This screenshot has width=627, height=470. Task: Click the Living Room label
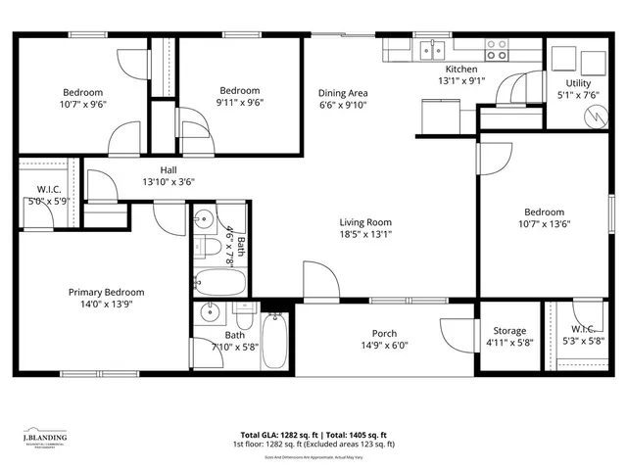click(x=365, y=221)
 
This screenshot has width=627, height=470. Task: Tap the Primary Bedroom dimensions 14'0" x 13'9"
click(x=106, y=305)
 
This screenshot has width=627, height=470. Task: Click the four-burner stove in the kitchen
click(x=498, y=48)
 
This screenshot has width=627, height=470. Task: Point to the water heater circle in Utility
click(x=591, y=115)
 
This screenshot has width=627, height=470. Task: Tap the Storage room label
click(x=508, y=331)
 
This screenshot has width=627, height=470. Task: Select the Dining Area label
click(x=343, y=94)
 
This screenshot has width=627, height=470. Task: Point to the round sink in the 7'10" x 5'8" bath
click(x=209, y=314)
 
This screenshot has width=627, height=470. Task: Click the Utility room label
click(x=577, y=83)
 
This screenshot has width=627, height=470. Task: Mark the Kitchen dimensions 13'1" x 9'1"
click(x=460, y=82)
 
